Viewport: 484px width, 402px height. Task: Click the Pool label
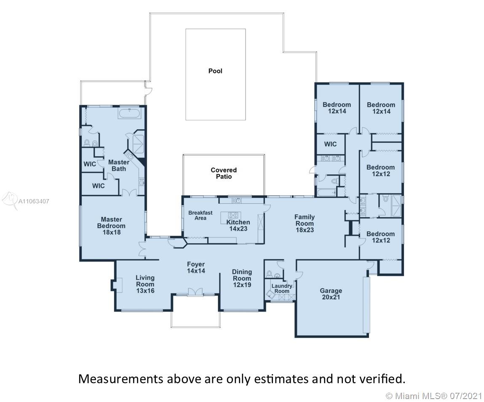[215, 71]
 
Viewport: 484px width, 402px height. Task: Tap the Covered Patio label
[224, 173]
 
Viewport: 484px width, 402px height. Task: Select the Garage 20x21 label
[331, 294]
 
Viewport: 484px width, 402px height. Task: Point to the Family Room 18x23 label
[305, 224]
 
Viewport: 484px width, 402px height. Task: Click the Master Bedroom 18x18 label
[112, 226]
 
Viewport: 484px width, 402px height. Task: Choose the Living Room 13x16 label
[145, 284]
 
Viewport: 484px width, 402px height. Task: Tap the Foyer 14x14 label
[196, 267]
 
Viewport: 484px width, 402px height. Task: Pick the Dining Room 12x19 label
[242, 278]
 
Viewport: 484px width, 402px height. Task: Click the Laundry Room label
[282, 288]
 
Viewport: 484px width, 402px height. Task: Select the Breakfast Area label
[201, 216]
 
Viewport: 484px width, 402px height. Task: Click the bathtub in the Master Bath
[130, 113]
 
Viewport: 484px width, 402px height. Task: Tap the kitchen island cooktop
[233, 215]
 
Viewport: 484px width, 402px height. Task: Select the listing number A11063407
[34, 202]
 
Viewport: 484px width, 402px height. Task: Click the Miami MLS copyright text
[434, 396]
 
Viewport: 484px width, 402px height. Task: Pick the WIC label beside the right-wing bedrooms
[330, 144]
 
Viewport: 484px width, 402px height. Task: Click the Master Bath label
[119, 165]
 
